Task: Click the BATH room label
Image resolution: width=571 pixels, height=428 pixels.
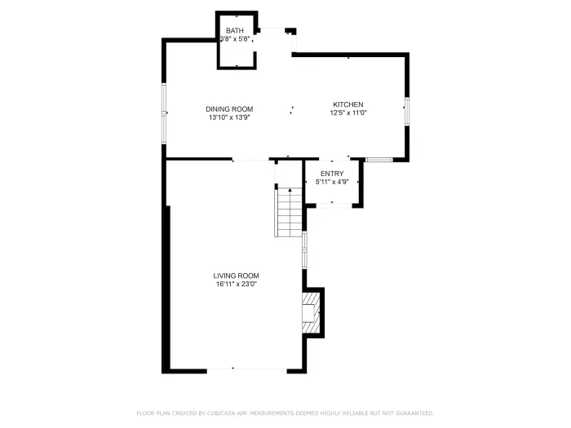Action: point(234,30)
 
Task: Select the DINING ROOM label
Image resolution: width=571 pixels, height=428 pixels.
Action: point(229,109)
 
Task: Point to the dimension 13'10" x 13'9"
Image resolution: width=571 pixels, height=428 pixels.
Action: point(229,117)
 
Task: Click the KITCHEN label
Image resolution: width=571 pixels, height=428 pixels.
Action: point(347,104)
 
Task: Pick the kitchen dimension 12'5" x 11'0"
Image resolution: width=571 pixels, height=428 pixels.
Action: point(347,113)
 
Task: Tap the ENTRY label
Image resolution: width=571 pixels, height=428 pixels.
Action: point(332,174)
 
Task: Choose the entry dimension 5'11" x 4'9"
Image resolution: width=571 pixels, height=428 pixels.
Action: point(332,182)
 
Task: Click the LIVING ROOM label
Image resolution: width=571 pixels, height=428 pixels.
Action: point(237,276)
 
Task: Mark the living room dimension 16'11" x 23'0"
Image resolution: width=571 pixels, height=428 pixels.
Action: point(237,284)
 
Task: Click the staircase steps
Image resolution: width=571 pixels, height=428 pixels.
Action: point(289,212)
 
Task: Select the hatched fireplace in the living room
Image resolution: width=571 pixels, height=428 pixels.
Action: point(311,313)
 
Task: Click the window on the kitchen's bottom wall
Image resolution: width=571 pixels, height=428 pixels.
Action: point(378,160)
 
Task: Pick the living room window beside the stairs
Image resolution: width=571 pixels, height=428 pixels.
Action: point(304,249)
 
